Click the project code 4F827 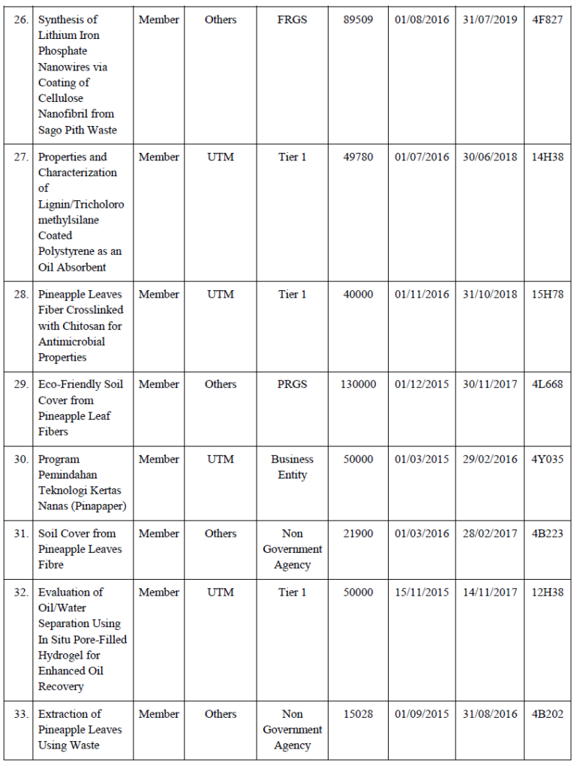pyautogui.click(x=547, y=19)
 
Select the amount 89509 pyautogui.click(x=358, y=19)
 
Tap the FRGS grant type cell pyautogui.click(x=292, y=19)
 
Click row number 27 pyautogui.click(x=22, y=157)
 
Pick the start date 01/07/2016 pyautogui.click(x=422, y=157)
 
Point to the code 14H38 pyautogui.click(x=547, y=157)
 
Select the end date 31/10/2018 pyautogui.click(x=489, y=294)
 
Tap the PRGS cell pyautogui.click(x=292, y=384)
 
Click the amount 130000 pyautogui.click(x=358, y=384)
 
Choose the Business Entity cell pyautogui.click(x=292, y=466)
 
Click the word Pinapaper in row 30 pyautogui.click(x=95, y=506)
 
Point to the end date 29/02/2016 pyautogui.click(x=489, y=459)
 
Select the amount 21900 pyautogui.click(x=358, y=533)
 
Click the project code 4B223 pyautogui.click(x=547, y=533)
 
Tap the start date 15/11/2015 pyautogui.click(x=422, y=592)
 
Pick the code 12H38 pyautogui.click(x=547, y=592)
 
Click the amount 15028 pyautogui.click(x=358, y=714)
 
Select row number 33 pyautogui.click(x=22, y=714)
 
